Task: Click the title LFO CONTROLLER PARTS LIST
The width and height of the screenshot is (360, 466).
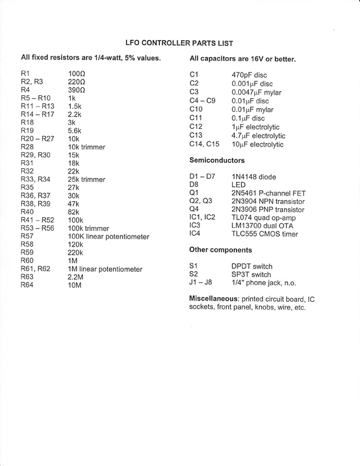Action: click(x=180, y=43)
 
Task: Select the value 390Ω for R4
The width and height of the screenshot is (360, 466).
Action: click(x=78, y=89)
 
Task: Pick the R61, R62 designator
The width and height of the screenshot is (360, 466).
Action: click(x=34, y=269)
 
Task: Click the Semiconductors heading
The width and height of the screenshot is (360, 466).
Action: click(x=217, y=160)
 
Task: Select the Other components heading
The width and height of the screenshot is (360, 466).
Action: click(x=221, y=249)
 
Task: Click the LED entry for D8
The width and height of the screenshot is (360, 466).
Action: click(x=240, y=185)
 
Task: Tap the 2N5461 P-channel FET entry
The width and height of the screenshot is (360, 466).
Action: click(x=268, y=193)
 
